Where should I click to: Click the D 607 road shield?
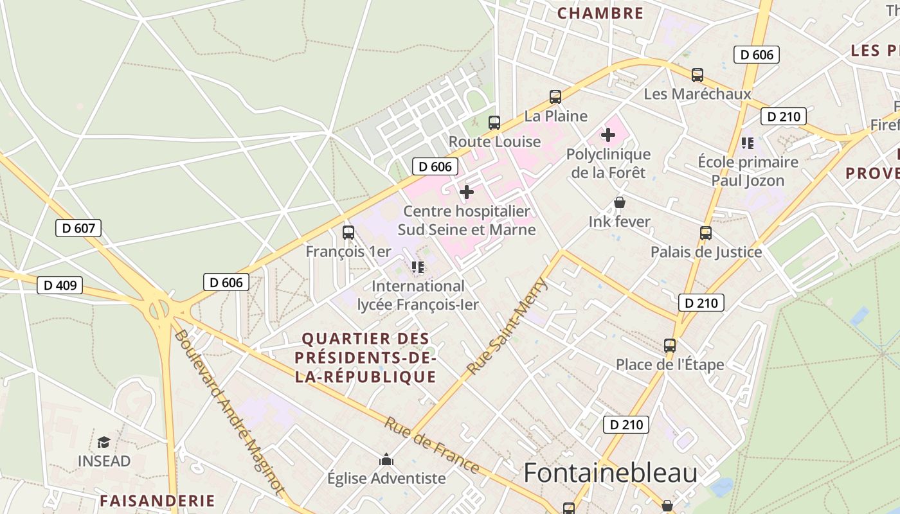[x=78, y=228]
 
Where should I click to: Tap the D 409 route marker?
[x=60, y=285]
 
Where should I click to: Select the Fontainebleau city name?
[x=610, y=473]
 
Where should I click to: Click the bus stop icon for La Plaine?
[x=555, y=97]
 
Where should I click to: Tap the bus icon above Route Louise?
[x=494, y=123]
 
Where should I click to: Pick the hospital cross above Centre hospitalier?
[x=467, y=192]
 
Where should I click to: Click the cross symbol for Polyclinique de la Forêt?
[x=607, y=135]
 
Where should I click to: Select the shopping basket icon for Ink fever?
[x=620, y=203]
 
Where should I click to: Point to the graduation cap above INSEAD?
[x=104, y=442]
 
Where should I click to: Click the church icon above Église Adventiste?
[x=386, y=459]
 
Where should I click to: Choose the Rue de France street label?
[x=432, y=445]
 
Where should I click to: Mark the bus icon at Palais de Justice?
[x=706, y=233]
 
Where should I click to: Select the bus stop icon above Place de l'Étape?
[x=670, y=346]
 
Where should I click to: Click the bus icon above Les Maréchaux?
[x=697, y=75]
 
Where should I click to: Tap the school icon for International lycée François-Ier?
[x=418, y=267]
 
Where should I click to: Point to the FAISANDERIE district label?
[x=157, y=501]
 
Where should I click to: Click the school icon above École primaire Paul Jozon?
[x=747, y=143]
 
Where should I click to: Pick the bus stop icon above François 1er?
[x=348, y=233]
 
